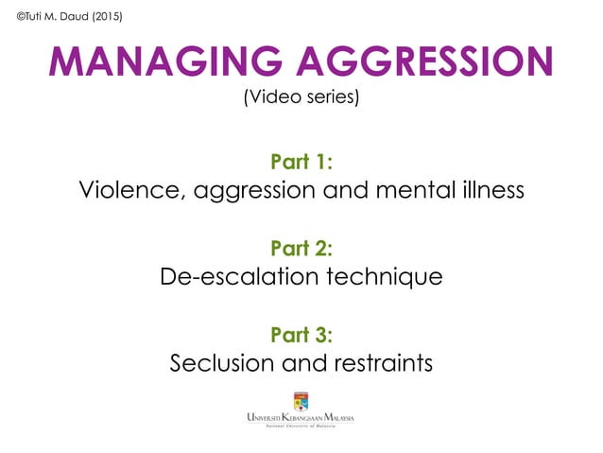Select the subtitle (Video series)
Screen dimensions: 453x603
[301, 98]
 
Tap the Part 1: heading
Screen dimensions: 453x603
[301, 162]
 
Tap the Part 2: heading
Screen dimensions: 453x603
[301, 248]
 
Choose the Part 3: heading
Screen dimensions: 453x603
[301, 334]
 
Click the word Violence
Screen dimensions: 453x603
[133, 190]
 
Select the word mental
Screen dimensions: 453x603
[410, 190]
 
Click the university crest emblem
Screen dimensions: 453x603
[301, 398]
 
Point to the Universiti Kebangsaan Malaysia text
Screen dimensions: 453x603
[301, 418]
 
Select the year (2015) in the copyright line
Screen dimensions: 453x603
[105, 16]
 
